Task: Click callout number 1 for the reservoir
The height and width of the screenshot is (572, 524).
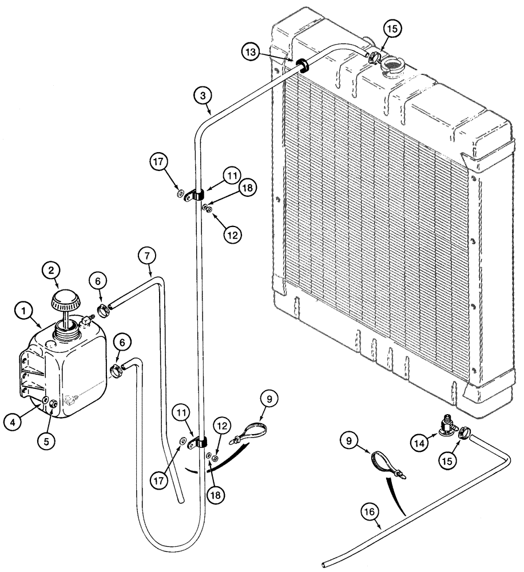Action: [24, 312]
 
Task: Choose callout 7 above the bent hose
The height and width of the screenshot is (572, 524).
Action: [146, 256]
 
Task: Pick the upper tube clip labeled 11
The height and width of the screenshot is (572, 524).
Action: [197, 196]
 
